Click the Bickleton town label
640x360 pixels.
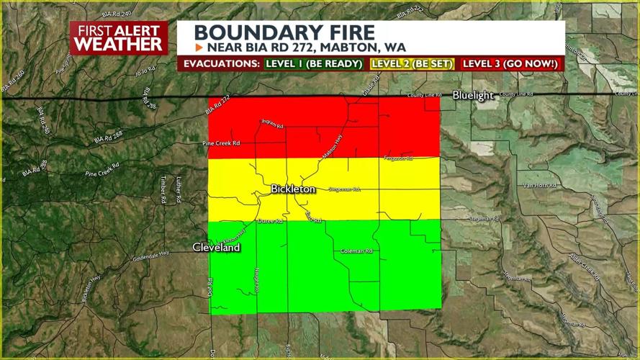(x=292, y=189)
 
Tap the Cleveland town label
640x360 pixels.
(x=216, y=247)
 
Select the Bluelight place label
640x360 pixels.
(x=473, y=95)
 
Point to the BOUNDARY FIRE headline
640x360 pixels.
(x=284, y=32)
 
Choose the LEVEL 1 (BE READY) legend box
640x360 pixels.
(x=313, y=63)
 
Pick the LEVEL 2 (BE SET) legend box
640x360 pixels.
(x=412, y=63)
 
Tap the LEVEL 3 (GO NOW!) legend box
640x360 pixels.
(x=510, y=63)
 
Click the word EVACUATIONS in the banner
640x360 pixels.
(x=221, y=63)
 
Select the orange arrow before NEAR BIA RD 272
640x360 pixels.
(x=199, y=48)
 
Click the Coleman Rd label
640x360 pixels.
(x=356, y=251)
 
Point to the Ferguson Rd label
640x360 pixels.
(x=398, y=158)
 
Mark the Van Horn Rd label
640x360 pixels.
(x=541, y=185)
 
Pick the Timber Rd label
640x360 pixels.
(x=163, y=190)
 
